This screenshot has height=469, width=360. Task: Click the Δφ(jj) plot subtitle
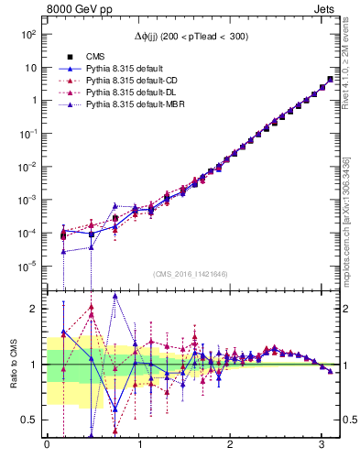pos(191,36)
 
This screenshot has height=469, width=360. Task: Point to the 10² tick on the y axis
pos(28,34)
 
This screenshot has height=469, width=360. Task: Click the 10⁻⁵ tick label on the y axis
pos(28,267)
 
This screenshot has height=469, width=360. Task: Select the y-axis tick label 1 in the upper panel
pos(32,101)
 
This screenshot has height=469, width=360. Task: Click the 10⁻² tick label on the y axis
pos(28,167)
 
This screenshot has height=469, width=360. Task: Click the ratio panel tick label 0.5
pos(29,420)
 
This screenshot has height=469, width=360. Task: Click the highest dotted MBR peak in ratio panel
pos(115,296)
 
